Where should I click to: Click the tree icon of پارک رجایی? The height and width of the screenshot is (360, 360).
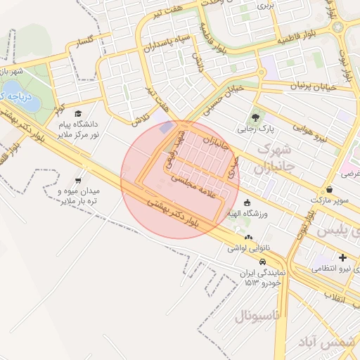[x=255, y=117]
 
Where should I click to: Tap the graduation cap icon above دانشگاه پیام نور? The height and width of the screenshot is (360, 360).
[x=78, y=113]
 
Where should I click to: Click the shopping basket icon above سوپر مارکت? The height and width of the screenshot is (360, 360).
[x=330, y=189]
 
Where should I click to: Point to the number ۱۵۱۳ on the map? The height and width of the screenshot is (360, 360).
[x=252, y=282]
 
